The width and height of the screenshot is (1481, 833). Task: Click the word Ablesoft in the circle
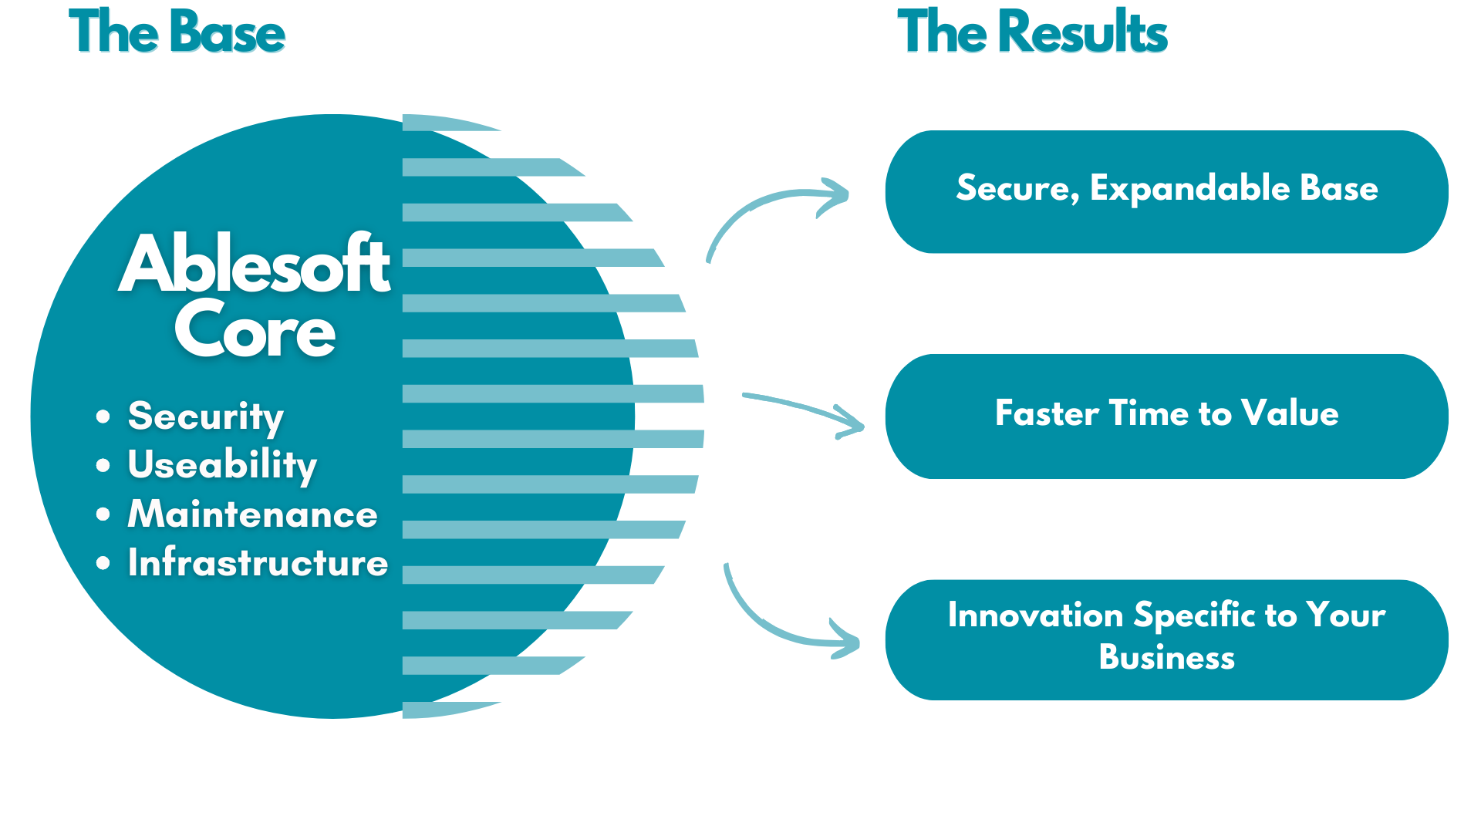click(x=255, y=265)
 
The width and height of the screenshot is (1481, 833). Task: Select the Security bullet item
click(x=205, y=416)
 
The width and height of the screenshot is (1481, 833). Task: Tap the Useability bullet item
click(x=222, y=465)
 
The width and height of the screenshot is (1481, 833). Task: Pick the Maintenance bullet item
click(x=252, y=514)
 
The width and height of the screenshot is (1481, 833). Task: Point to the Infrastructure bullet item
click(x=258, y=563)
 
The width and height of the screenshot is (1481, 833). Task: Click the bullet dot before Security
click(x=103, y=417)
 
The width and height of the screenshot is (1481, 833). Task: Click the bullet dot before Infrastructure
click(x=103, y=564)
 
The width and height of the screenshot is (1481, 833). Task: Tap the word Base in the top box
click(x=1338, y=189)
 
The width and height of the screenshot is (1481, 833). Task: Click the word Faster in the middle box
click(x=1047, y=413)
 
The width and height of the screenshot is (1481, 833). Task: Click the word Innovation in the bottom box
click(x=1035, y=615)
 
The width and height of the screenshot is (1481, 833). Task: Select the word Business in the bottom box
click(x=1166, y=658)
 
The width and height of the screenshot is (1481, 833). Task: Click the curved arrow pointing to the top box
click(x=764, y=212)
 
